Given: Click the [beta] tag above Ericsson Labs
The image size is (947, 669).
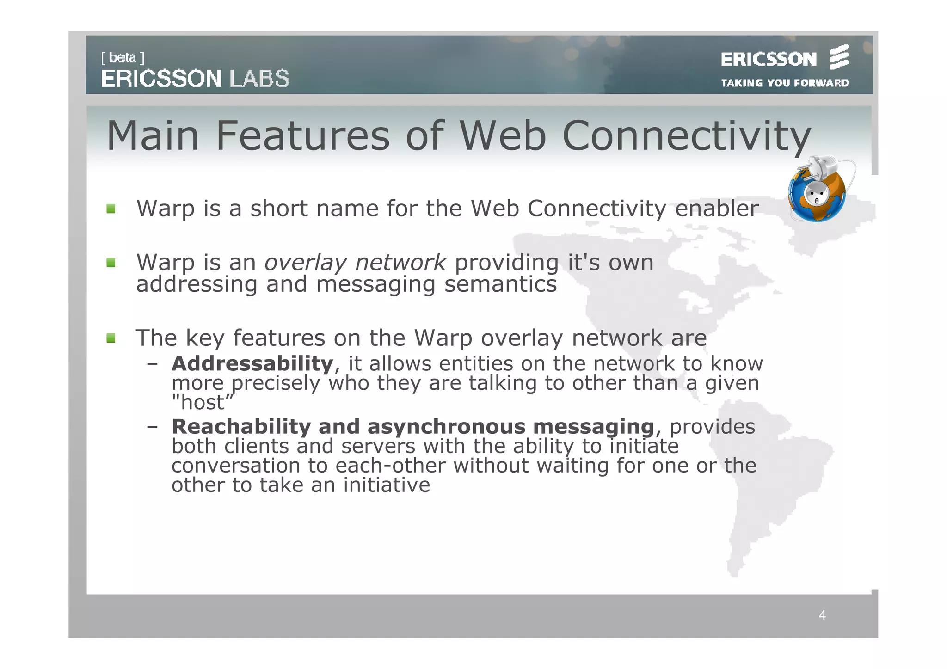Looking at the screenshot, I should click(x=123, y=58).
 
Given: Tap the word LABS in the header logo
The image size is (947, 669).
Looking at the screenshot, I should click(x=259, y=79).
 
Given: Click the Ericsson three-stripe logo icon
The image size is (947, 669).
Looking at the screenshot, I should click(x=839, y=57).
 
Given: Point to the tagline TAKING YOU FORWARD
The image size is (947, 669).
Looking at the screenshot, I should click(x=785, y=83).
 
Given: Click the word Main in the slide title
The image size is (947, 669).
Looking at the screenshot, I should click(x=153, y=136).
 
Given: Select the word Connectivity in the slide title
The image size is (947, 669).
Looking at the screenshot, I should click(x=686, y=137).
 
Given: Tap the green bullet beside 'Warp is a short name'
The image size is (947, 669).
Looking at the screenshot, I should click(x=111, y=209).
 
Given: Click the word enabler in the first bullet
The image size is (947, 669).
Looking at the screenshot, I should click(x=717, y=209).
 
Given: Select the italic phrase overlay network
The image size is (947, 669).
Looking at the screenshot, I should click(x=355, y=263).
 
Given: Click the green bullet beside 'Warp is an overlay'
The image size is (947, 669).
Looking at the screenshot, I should click(x=111, y=263).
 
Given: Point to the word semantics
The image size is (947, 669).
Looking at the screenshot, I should click(x=500, y=284).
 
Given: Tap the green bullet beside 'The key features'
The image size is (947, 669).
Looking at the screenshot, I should click(x=111, y=338).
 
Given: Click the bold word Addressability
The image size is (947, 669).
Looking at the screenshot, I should click(x=252, y=364).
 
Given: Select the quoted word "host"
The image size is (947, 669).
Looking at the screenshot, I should click(x=203, y=402).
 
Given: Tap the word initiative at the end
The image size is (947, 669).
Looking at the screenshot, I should click(x=387, y=485).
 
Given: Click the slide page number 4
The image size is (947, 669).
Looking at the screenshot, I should click(x=822, y=615).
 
